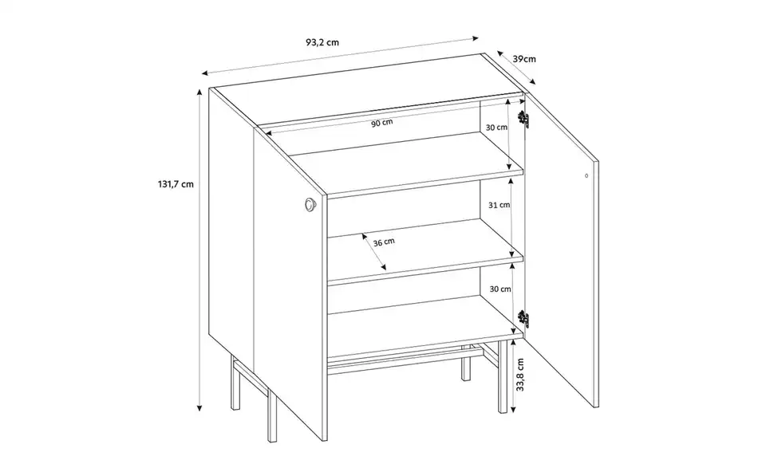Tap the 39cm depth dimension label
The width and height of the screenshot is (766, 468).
[524, 60]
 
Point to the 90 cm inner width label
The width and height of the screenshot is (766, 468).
[382, 123]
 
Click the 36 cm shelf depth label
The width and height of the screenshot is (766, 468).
[384, 242]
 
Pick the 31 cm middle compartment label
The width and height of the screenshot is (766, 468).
[499, 205]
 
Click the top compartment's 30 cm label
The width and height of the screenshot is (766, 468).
[497, 128]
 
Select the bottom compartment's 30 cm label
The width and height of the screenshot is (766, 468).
[500, 289]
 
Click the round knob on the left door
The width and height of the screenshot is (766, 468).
[309, 206]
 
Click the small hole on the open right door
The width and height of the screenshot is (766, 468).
[587, 175]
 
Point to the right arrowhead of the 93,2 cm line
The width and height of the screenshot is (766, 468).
[476, 37]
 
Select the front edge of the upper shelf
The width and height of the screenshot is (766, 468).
[423, 186]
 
